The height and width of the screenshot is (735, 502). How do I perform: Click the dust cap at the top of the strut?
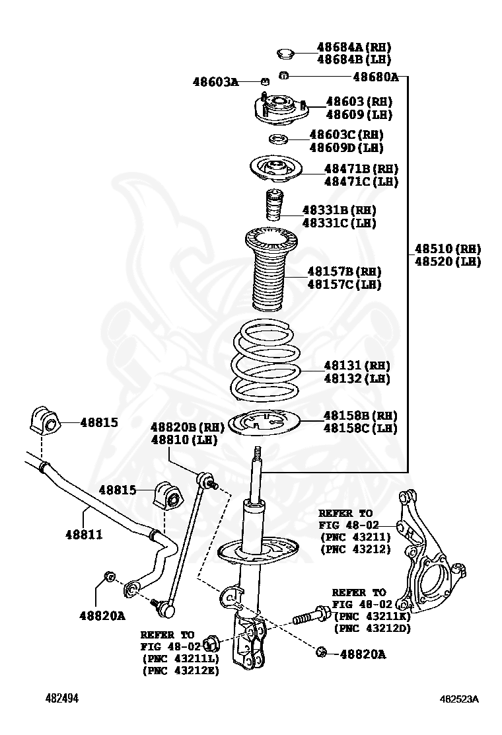pyautogui.click(x=286, y=52)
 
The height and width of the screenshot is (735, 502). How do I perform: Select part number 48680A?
pyautogui.click(x=375, y=77)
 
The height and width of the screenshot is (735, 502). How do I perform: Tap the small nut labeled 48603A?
pyautogui.click(x=264, y=81)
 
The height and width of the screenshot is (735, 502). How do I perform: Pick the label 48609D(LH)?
pyautogui.click(x=346, y=147)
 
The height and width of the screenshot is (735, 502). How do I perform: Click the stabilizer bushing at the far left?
pyautogui.click(x=44, y=421)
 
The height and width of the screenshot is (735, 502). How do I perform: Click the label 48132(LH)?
pyautogui.click(x=357, y=379)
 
